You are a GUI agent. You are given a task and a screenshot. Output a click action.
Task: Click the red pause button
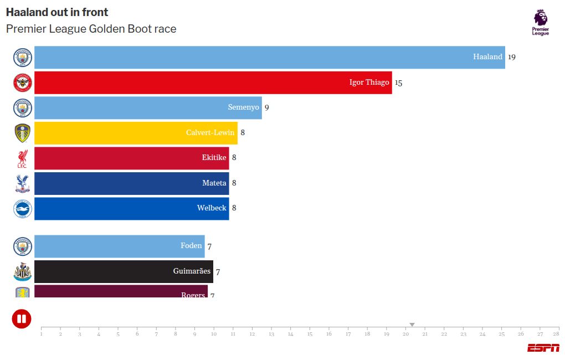point(22,319)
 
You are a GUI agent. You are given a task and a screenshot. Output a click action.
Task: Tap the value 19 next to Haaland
point(512,57)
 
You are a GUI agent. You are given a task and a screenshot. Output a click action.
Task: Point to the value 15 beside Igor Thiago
point(398,83)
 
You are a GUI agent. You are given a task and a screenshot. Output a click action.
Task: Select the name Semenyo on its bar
point(244,107)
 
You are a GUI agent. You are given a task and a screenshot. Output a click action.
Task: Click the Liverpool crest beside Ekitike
point(22,158)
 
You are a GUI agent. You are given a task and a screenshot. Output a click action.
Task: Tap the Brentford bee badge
point(23,83)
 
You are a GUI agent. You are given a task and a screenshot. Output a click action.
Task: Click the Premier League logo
point(541,23)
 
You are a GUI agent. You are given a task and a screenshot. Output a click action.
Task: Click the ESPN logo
point(543,348)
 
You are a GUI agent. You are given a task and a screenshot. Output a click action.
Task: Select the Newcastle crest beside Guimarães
point(23,271)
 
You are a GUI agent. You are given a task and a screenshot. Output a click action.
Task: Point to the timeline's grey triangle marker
point(412,325)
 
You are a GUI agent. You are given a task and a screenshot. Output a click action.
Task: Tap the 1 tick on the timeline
point(41,334)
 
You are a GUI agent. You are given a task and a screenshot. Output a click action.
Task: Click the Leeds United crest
point(23,133)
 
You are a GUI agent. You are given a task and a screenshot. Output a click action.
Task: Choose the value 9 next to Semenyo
point(266,107)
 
